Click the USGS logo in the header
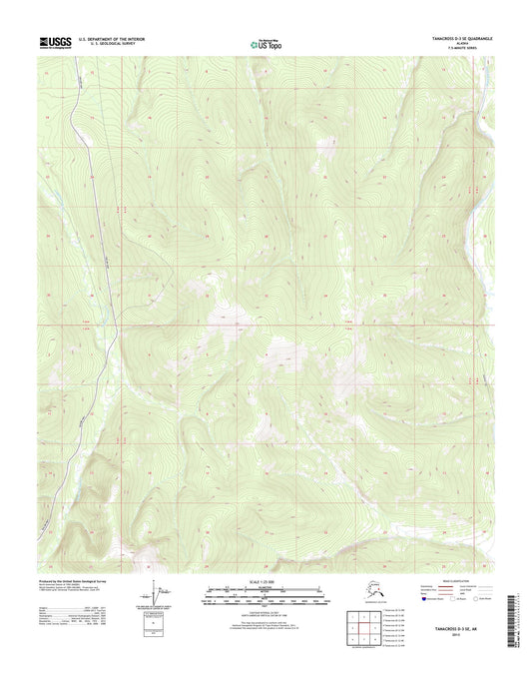click(56, 43)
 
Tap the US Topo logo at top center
click(266, 44)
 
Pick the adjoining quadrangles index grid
click(366, 627)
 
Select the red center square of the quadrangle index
click(366, 627)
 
